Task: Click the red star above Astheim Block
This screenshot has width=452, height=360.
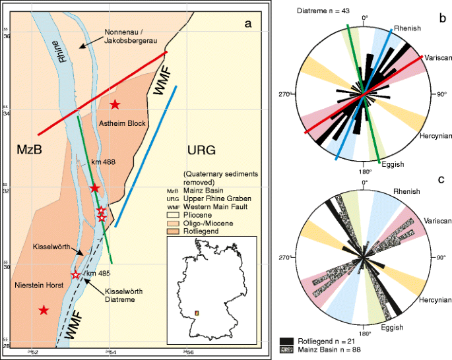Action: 115,104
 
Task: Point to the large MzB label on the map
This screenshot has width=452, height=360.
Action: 29,150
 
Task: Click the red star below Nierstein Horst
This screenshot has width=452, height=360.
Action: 44,310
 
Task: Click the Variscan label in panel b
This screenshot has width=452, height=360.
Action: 437,57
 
